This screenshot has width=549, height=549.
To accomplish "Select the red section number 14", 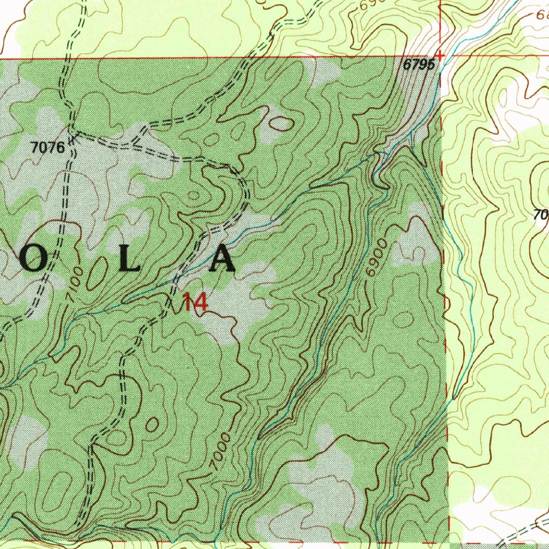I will (195, 303).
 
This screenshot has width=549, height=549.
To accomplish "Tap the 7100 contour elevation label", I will (76, 278).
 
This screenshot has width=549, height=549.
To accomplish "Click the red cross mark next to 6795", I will (440, 55).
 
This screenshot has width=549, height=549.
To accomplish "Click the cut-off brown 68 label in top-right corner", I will (542, 14).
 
